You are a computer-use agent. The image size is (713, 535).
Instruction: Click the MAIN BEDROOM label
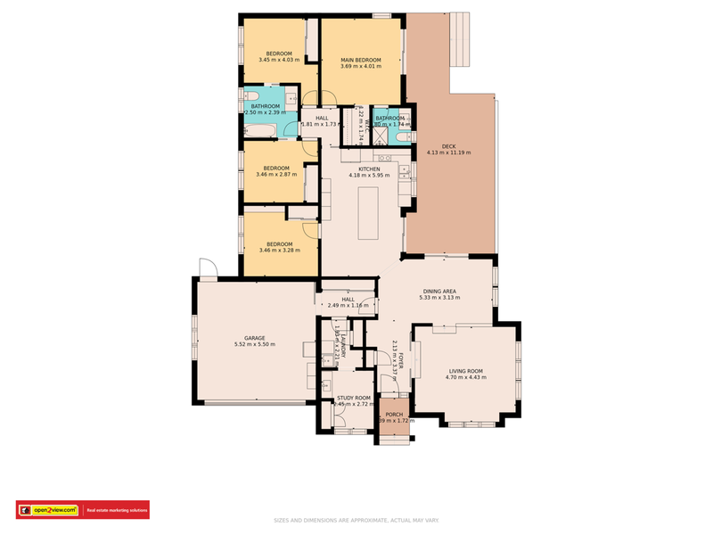pyautogui.click(x=360, y=59)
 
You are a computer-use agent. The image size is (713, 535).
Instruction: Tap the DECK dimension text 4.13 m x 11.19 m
pyautogui.click(x=448, y=152)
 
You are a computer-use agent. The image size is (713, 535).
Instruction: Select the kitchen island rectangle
pyautogui.click(x=369, y=213)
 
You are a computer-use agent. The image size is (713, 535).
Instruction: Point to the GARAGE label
pyautogui.click(x=254, y=337)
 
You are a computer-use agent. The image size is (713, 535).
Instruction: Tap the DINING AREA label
pyautogui.click(x=438, y=291)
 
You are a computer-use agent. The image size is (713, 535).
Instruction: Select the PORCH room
pyautogui.click(x=394, y=419)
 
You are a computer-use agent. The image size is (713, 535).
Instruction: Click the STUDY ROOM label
pyautogui.click(x=352, y=398)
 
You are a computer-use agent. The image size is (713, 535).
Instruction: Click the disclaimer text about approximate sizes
pyautogui.click(x=356, y=521)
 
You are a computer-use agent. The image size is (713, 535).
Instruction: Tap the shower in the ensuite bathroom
pyautogui.click(x=403, y=136)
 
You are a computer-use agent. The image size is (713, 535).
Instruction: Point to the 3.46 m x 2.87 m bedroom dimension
pyautogui.click(x=276, y=175)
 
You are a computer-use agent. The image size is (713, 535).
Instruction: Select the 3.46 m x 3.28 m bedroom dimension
pyautogui.click(x=280, y=251)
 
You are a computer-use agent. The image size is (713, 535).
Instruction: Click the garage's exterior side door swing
pyautogui.click(x=207, y=268)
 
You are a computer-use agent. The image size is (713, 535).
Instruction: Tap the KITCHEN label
pyautogui.click(x=369, y=169)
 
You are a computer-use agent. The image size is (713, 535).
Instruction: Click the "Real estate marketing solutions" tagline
pyautogui.click(x=116, y=510)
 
